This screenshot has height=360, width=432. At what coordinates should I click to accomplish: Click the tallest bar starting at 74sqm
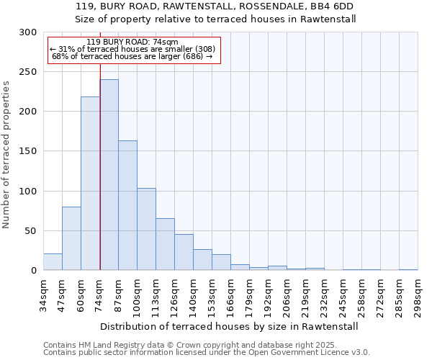pos(109,175)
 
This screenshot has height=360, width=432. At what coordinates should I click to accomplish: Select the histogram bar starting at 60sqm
pos(90,184)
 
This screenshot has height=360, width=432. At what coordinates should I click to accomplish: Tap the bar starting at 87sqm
pos(127,205)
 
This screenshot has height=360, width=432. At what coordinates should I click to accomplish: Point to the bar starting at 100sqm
pos(146,229)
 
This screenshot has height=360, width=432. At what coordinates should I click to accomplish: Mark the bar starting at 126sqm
pos(184,252)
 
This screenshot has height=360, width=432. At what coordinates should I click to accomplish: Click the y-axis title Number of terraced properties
pos(7,155)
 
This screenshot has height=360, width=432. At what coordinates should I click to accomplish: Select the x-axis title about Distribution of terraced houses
pos(229,326)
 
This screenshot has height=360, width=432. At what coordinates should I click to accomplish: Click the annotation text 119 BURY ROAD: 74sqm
pos(132,42)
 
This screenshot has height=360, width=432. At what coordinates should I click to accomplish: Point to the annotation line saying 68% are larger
pos(132,56)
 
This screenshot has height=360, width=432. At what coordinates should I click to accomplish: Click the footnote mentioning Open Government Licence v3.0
pos(207,353)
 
